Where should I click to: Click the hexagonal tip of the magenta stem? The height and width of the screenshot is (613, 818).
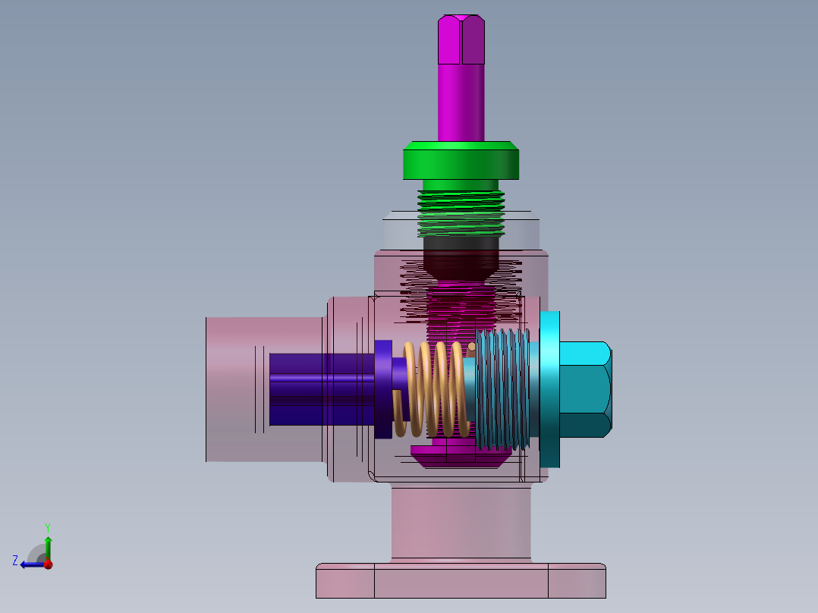(461, 39)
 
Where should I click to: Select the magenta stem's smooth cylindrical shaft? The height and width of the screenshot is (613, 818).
(461, 102)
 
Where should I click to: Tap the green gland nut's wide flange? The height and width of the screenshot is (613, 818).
(461, 160)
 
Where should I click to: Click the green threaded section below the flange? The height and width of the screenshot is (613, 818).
(461, 214)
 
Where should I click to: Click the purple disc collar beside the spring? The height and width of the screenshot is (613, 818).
(383, 388)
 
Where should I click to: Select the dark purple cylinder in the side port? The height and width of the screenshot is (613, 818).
(322, 389)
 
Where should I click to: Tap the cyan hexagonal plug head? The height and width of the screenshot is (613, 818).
(585, 389)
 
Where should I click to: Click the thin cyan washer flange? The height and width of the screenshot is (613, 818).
(549, 389)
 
